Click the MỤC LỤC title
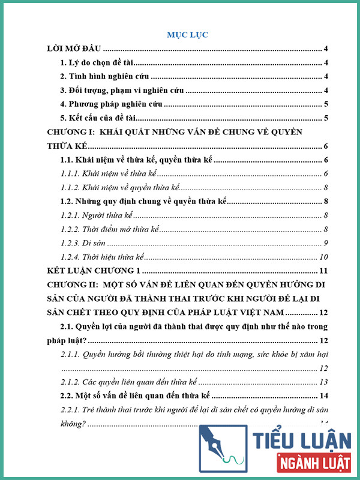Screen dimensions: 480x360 click(187, 35)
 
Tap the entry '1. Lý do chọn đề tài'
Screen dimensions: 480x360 click(100, 63)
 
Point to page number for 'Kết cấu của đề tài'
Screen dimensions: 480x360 click(325, 118)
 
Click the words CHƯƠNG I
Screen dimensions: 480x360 click(71, 132)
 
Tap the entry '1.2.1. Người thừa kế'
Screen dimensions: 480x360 click(97, 215)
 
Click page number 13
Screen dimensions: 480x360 click(323, 382)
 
